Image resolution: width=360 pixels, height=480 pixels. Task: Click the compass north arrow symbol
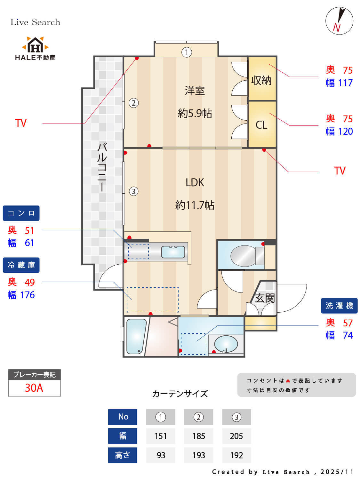(x=339, y=21)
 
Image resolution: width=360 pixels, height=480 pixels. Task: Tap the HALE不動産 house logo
(x=35, y=45)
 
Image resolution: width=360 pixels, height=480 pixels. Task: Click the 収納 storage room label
(x=261, y=80)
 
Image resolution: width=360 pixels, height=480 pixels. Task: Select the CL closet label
(x=261, y=125)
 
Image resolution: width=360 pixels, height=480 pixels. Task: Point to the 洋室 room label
(x=195, y=91)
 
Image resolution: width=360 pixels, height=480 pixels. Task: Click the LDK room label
(x=195, y=182)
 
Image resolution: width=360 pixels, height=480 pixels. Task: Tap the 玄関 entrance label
(x=265, y=298)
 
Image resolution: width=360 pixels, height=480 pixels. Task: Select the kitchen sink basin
(x=173, y=252)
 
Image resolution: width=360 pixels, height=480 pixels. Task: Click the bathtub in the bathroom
(x=136, y=336)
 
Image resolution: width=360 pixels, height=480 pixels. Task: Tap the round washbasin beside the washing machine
(x=226, y=344)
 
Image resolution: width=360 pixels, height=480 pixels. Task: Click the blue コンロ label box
(x=21, y=213)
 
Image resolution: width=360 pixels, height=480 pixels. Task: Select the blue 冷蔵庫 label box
(x=21, y=265)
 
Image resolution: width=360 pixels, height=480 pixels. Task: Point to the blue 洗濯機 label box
(x=339, y=306)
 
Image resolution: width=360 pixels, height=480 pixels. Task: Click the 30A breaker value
(x=34, y=388)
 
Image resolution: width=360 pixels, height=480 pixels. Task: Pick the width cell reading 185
(x=198, y=436)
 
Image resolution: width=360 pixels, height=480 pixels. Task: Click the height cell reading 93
(x=161, y=455)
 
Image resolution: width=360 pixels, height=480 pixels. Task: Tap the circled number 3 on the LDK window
(x=133, y=191)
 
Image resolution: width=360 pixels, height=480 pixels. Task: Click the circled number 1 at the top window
(x=187, y=52)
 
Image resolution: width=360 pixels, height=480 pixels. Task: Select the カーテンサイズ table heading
(x=180, y=394)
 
